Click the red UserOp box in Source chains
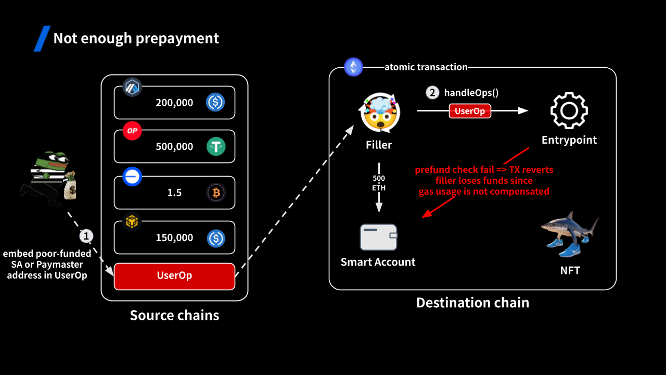point(174,276)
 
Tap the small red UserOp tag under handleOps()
point(470,111)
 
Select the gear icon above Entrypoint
point(569,110)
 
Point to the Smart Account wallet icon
point(379,237)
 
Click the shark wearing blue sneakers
point(569,233)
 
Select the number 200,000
point(174,103)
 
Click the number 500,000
point(174,146)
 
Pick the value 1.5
point(174,193)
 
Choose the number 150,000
point(174,238)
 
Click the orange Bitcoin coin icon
point(215,193)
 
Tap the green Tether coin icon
point(215,146)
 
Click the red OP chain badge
point(132,131)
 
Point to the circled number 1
point(86,236)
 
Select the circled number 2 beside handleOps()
point(432,93)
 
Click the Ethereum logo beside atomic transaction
point(354,67)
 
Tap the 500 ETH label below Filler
point(379,183)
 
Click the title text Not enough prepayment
point(136,39)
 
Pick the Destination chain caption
point(472,303)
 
